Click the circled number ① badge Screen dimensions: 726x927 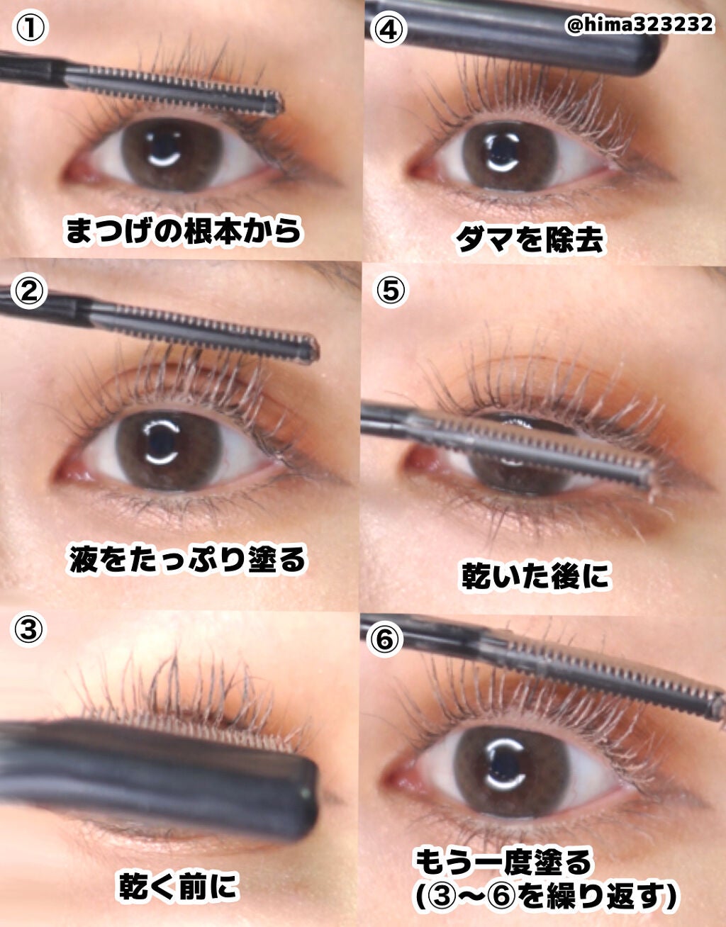(x=30, y=28)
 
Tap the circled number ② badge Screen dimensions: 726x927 (x=28, y=291)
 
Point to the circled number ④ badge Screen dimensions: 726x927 (x=388, y=29)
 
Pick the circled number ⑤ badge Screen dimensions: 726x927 (x=391, y=290)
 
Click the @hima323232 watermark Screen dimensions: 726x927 (x=639, y=25)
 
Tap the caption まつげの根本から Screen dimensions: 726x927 (x=184, y=231)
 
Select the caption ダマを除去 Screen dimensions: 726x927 (x=530, y=240)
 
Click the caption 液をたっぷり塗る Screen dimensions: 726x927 (x=187, y=559)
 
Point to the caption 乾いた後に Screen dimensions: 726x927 (x=535, y=575)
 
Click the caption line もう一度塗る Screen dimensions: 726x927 (x=504, y=838)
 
